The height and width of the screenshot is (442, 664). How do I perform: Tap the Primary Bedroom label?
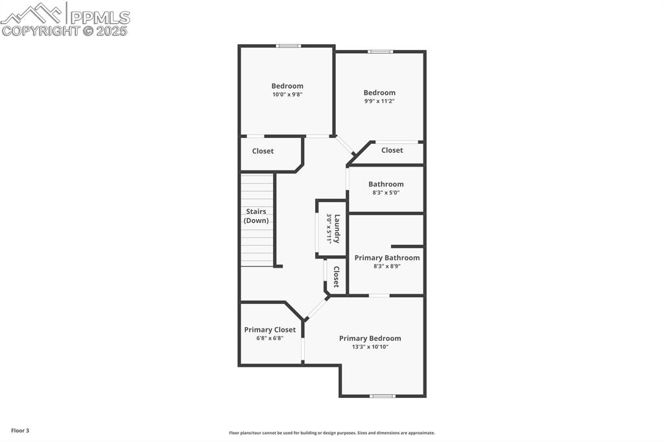point(370,338)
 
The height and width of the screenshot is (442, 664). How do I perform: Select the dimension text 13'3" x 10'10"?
point(370,347)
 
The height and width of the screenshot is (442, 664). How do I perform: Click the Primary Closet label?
point(270,330)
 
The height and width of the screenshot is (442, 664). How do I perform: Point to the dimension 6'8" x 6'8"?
point(270,338)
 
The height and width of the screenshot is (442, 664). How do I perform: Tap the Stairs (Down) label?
point(256,216)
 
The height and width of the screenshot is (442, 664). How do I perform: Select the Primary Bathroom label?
point(387,257)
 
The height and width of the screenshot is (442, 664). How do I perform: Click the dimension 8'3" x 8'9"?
point(387,266)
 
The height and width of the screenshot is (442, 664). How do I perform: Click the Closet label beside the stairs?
point(263,151)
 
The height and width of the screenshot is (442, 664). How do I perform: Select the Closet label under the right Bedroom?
point(392,150)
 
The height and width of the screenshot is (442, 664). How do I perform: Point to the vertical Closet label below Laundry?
point(336,277)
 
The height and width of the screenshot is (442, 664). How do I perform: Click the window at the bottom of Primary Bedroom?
point(382,395)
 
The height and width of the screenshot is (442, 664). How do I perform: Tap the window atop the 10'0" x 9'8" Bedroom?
point(288,46)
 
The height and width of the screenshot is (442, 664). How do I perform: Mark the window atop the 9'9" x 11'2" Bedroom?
point(380,52)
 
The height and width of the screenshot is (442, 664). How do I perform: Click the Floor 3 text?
point(20,430)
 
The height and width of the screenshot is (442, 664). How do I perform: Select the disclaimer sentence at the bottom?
point(331,433)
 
